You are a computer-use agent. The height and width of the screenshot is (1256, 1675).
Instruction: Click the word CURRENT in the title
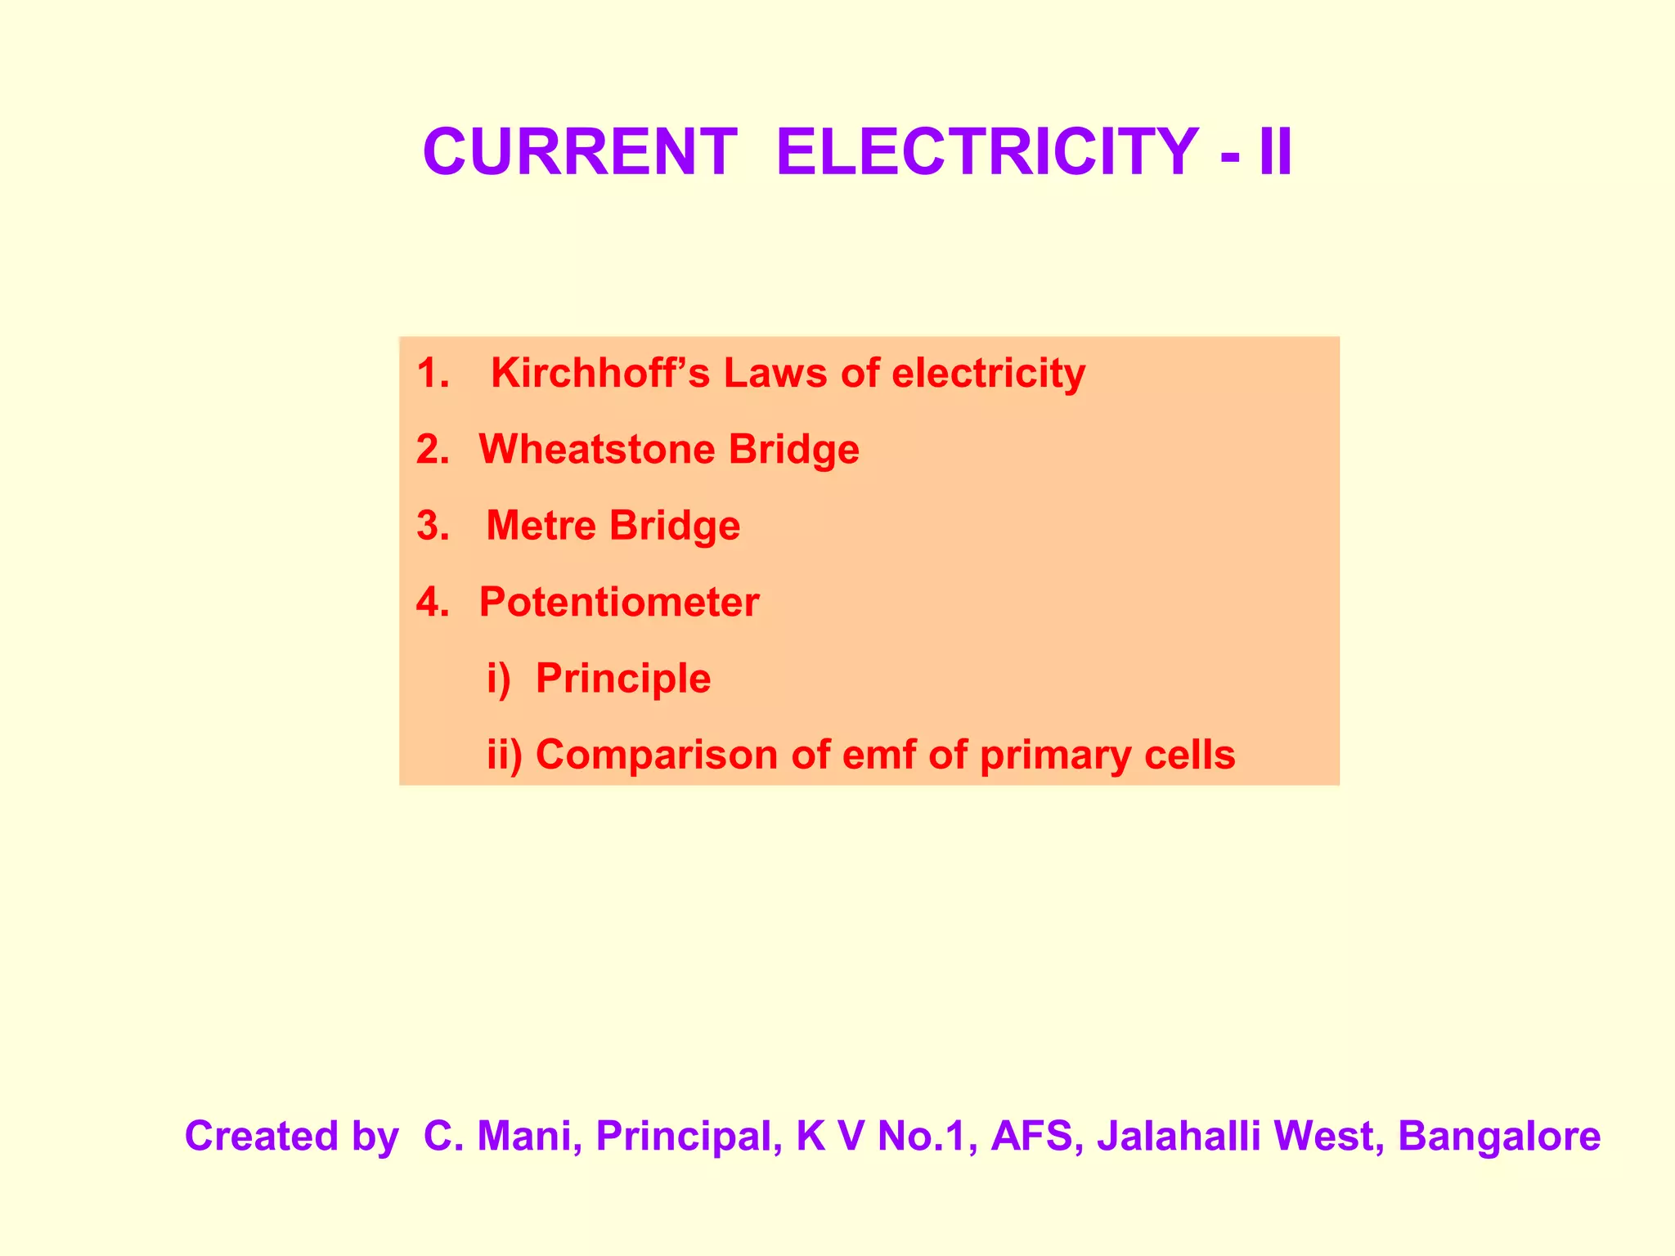pyautogui.click(x=579, y=152)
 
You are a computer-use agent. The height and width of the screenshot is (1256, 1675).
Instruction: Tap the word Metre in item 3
pyautogui.click(x=541, y=525)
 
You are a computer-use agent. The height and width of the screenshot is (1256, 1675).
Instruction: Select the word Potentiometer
pyautogui.click(x=619, y=602)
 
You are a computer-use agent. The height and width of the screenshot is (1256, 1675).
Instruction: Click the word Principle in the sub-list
pyautogui.click(x=623, y=678)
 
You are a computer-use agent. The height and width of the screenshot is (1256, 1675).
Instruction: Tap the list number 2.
pyautogui.click(x=432, y=449)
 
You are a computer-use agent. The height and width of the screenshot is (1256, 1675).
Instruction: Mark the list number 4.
pyautogui.click(x=432, y=602)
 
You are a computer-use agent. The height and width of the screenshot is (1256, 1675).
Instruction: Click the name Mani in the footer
pyautogui.click(x=523, y=1136)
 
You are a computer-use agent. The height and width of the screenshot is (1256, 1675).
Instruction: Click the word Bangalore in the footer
pyautogui.click(x=1498, y=1136)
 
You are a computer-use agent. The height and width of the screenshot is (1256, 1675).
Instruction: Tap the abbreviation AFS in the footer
pyautogui.click(x=1035, y=1136)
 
